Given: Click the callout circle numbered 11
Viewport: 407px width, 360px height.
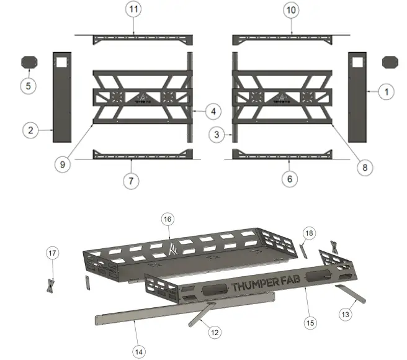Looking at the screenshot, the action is pos(133,11).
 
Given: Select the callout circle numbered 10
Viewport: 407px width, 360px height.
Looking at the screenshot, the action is pos(292,11).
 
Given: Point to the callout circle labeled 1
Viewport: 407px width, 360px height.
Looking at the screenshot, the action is pos(386,91).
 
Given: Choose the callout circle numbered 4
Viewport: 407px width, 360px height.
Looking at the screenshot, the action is pos(212,112).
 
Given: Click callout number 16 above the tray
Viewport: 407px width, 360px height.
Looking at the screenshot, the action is pos(167,220).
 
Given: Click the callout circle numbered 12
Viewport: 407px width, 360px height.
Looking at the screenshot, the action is pos(215,332).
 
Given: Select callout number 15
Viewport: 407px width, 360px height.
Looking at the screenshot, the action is pos(309,322).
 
